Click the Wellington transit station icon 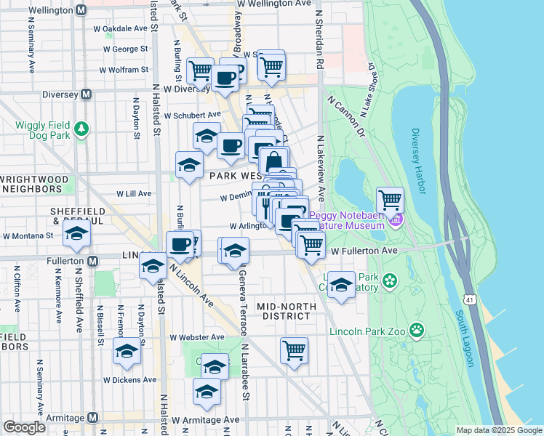pos(81,11)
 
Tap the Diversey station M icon pos(86,94)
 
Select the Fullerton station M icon pos(92,261)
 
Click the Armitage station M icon pos(92,417)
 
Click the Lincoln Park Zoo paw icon pos(417,331)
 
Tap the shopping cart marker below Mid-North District pos(294,350)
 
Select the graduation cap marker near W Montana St pos(76,234)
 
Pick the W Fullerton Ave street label pos(364,251)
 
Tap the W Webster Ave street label pos(198,337)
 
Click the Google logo pos(24,427)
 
